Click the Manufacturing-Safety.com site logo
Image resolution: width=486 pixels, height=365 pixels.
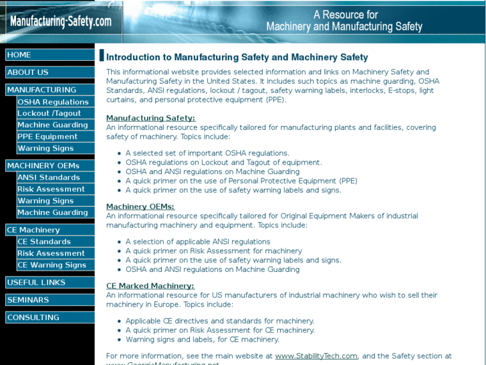pos(60,21)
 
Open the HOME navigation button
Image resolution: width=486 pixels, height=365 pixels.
pos(49,55)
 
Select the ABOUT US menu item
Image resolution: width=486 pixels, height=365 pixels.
pos(49,72)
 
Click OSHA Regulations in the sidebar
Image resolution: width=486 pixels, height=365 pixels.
pos(55,102)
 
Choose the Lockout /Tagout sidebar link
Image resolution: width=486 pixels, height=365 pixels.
pos(55,113)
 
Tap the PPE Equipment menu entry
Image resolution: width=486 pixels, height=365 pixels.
pos(55,137)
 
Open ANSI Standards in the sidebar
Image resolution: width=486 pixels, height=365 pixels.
pos(55,177)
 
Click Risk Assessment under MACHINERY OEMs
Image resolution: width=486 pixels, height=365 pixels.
pos(55,189)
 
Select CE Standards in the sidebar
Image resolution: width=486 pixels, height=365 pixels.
pos(55,242)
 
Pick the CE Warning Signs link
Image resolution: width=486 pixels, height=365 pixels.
pos(55,265)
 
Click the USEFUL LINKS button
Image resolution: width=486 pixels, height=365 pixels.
pos(49,283)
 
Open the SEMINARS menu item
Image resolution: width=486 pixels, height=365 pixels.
pos(49,300)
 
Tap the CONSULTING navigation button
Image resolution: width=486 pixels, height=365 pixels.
pos(49,317)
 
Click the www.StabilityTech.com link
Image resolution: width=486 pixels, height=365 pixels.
pos(316,356)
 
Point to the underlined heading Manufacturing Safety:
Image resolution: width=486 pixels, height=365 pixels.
pos(150,119)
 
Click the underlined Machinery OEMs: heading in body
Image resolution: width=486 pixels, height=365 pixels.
pos(140,207)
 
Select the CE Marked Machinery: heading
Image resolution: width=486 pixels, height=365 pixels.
pos(150,286)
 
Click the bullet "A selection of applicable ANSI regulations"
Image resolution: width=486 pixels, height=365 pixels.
pos(198,242)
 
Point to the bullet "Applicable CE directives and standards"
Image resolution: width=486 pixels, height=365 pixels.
pos(219,321)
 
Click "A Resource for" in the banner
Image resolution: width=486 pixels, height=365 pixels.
pos(346,15)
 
